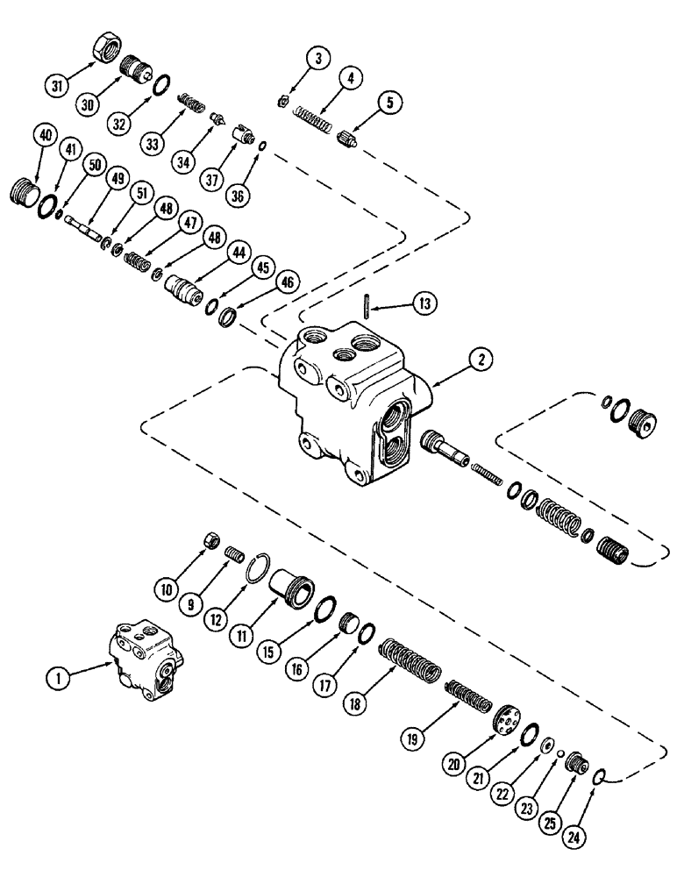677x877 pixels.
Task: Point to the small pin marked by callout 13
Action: coord(367,306)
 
